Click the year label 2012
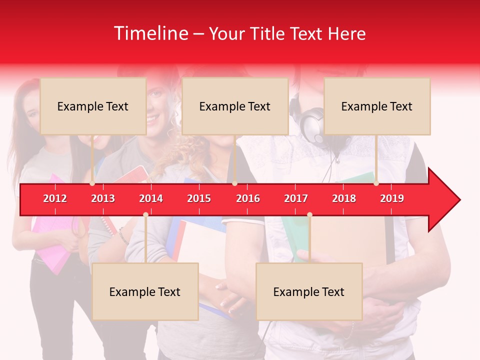click(55, 198)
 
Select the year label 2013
click(103, 198)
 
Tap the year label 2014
click(151, 198)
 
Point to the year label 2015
click(199, 198)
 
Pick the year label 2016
click(248, 198)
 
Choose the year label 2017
click(296, 198)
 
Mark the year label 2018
click(344, 198)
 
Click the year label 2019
click(392, 198)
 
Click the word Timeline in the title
click(150, 33)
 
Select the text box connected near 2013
click(93, 106)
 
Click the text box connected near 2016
click(235, 106)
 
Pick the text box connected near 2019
click(377, 106)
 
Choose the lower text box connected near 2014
click(145, 291)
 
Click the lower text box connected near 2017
click(309, 291)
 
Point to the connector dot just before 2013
click(92, 183)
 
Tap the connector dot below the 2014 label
click(145, 215)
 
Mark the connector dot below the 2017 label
click(309, 215)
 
